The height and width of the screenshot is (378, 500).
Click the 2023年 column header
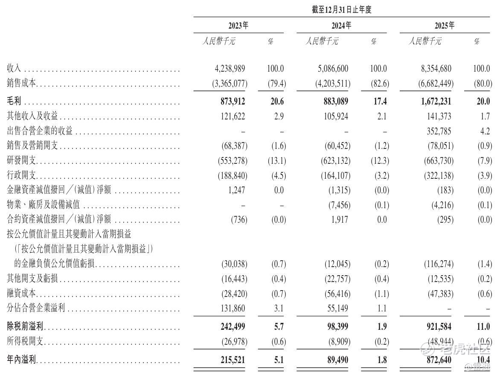click(x=238, y=26)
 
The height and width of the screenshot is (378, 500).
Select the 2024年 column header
click(x=342, y=26)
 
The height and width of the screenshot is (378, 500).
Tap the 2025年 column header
click(x=445, y=26)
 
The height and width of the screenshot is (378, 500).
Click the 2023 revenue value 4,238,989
click(x=230, y=69)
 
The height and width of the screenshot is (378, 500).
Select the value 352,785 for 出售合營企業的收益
click(x=438, y=131)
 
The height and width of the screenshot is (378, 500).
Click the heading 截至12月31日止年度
click(x=342, y=10)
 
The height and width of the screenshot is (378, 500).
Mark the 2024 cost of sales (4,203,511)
click(x=333, y=84)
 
